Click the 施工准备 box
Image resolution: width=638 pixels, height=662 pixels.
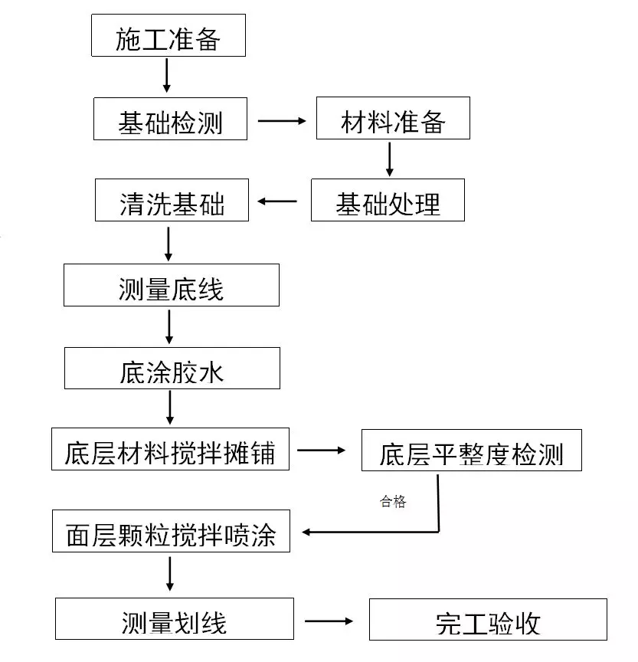(x=168, y=37)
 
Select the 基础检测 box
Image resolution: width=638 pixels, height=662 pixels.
(x=170, y=119)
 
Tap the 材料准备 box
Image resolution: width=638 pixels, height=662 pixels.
(x=393, y=119)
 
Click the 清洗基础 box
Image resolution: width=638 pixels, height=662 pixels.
(x=172, y=201)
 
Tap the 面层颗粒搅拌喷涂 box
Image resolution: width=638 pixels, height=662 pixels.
(x=172, y=532)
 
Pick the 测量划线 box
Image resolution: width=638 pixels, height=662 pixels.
(x=174, y=618)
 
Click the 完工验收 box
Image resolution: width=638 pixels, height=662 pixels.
(x=488, y=619)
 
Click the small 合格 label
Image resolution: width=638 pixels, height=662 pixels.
(x=393, y=503)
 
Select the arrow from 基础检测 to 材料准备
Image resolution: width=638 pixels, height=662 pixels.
(x=281, y=120)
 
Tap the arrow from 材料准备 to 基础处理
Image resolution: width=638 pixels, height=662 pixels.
(x=389, y=159)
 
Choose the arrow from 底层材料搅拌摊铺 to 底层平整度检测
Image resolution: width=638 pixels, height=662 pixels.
(x=322, y=451)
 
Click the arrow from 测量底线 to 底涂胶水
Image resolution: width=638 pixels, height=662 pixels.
(x=169, y=326)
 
